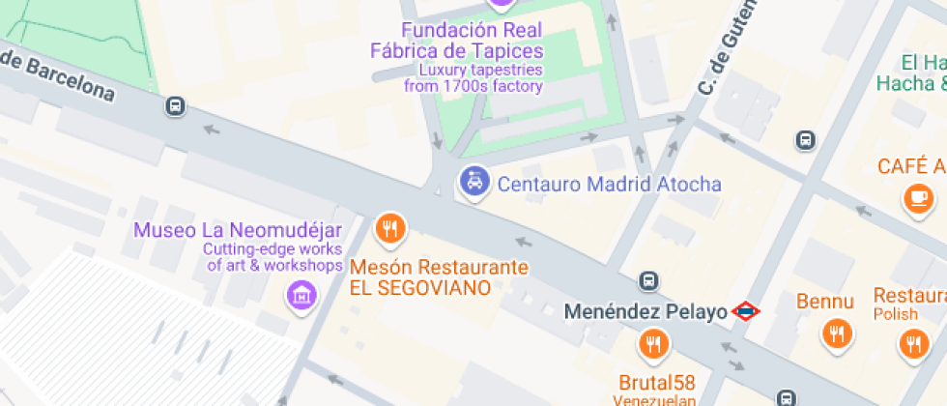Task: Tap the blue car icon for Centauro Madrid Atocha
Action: (473, 181)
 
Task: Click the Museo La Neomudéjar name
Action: (238, 230)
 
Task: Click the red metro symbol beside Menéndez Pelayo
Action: (746, 311)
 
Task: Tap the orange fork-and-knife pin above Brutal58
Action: (653, 343)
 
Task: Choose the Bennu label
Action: (825, 302)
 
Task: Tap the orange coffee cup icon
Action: (917, 198)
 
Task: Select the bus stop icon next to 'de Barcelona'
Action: (175, 105)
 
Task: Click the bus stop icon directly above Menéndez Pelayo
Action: (648, 281)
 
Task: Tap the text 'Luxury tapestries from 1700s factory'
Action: (473, 78)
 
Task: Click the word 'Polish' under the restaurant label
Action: (895, 315)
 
